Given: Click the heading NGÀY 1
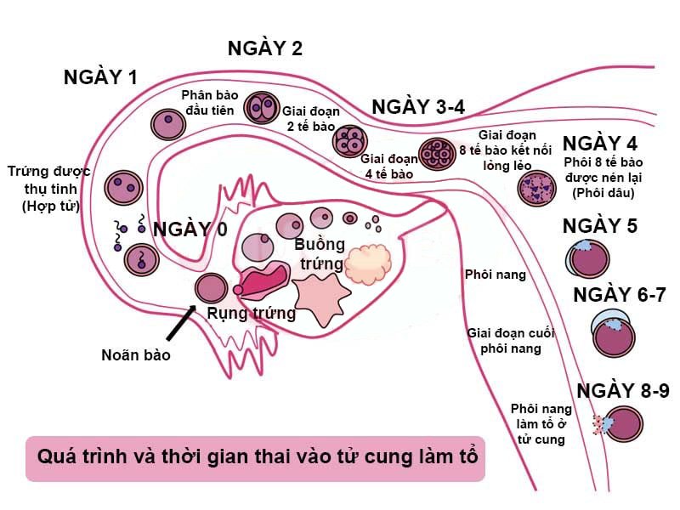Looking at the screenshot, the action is click(100, 77).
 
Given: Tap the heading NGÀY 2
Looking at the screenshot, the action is click(265, 48).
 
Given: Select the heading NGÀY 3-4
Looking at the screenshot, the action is click(418, 107).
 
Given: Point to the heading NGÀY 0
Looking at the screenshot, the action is click(190, 229).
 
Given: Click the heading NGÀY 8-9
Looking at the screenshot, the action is click(623, 391).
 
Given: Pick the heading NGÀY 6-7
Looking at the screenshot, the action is click(620, 295).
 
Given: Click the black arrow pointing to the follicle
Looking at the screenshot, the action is click(181, 322).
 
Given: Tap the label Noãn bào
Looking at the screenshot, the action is click(136, 355).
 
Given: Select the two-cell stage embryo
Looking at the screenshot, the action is click(261, 108).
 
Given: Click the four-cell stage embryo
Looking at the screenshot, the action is click(350, 141).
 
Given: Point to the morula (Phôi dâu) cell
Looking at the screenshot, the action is click(536, 188).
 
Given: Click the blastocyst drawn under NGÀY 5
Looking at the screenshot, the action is click(587, 259).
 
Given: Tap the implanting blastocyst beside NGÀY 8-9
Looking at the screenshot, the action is click(620, 424).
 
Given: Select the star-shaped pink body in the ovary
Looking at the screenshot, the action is click(321, 300).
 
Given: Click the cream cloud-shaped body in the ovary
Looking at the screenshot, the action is click(368, 264).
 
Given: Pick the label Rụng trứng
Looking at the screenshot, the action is click(251, 313).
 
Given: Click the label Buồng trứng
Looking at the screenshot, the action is click(320, 253).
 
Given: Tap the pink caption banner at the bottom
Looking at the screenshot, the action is click(256, 458).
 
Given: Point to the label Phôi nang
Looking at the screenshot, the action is click(496, 275).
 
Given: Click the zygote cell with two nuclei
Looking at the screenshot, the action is click(123, 188).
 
